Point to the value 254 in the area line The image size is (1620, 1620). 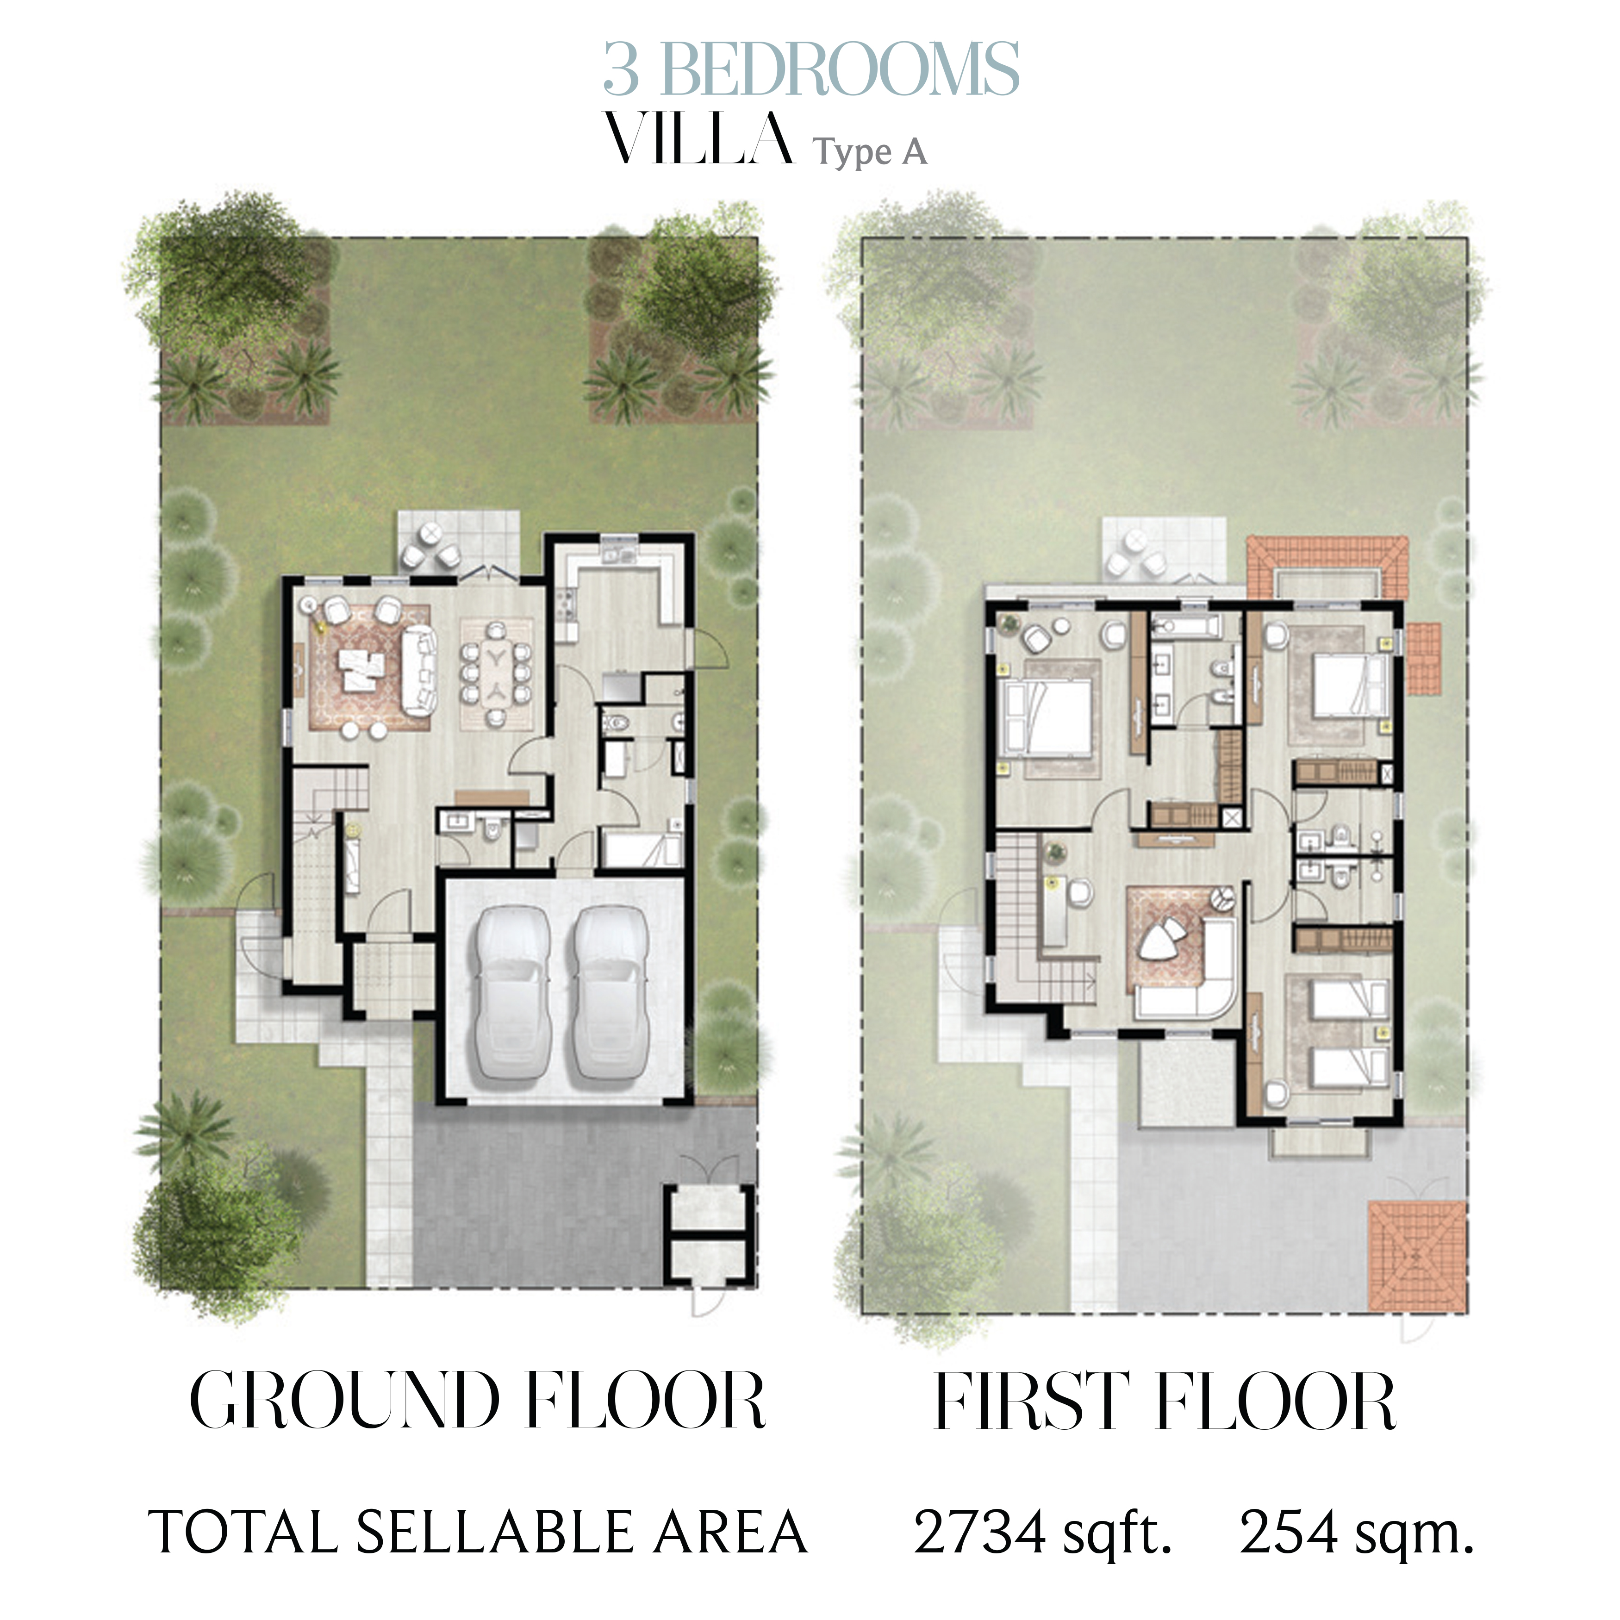[1289, 1533]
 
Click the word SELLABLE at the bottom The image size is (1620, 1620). [494, 1533]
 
